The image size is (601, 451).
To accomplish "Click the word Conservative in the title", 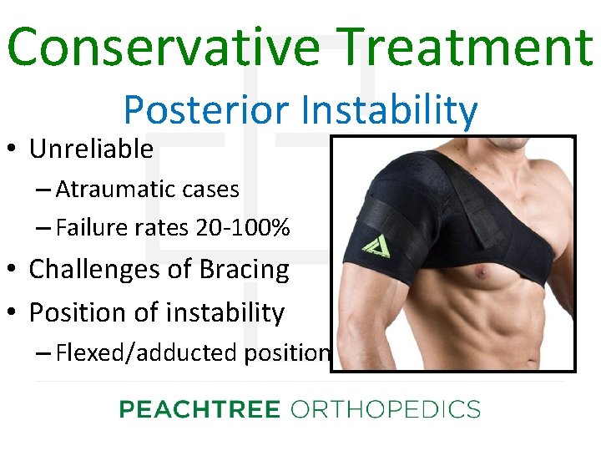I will click(159, 47).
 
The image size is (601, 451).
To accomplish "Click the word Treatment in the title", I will click(462, 47).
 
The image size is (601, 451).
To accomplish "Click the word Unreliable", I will click(91, 149).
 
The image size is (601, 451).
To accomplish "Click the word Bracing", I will click(245, 270).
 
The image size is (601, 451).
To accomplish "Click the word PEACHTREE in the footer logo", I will click(199, 409).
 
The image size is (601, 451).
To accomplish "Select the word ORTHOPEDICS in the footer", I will click(385, 409).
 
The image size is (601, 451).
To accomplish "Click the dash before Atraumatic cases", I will click(44, 190).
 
